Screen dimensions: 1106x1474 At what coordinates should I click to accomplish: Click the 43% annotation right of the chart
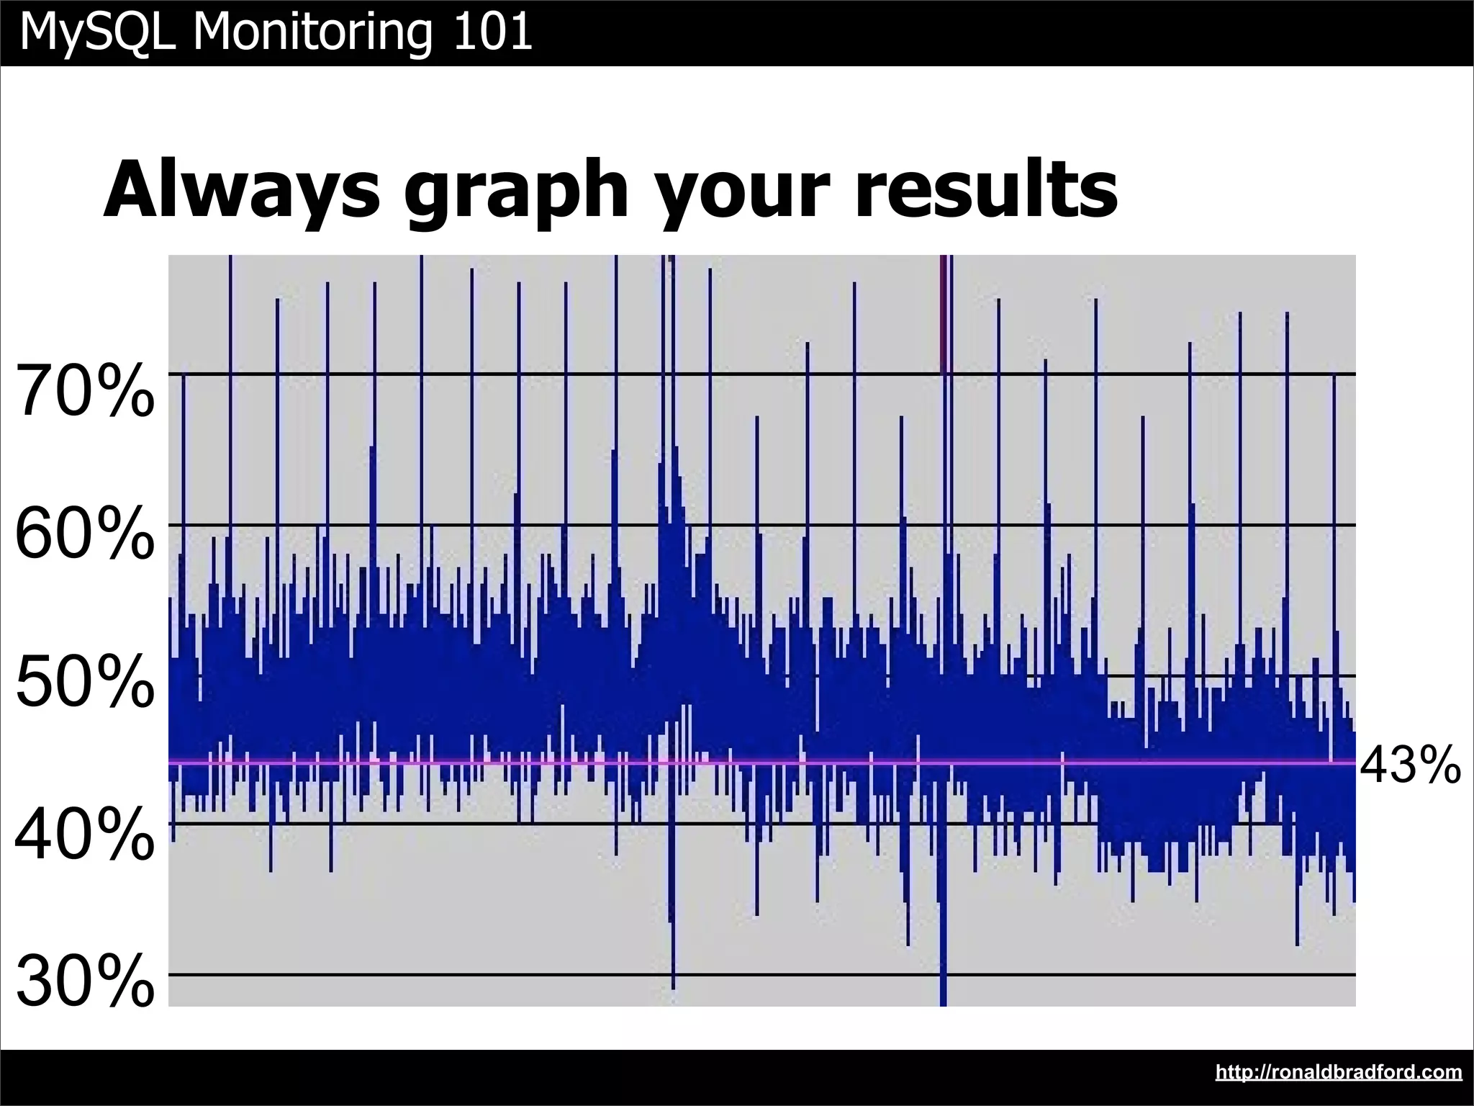click(1410, 765)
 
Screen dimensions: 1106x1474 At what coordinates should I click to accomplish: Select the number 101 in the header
click(492, 32)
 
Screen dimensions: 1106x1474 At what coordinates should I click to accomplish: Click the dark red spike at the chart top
click(942, 310)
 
